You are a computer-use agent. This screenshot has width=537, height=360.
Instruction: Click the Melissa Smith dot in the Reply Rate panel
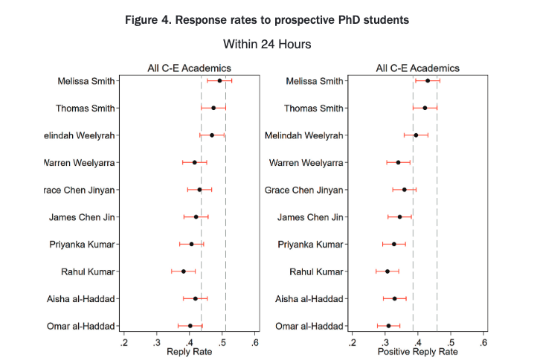point(219,80)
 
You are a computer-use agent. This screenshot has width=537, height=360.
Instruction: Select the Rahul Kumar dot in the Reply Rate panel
point(184,271)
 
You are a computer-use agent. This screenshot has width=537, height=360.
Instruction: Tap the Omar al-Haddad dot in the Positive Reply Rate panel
point(388,326)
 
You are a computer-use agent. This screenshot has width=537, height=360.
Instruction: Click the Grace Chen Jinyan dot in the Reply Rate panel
point(199,190)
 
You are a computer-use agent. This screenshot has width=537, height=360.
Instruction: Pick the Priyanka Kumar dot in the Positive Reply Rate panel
point(393,244)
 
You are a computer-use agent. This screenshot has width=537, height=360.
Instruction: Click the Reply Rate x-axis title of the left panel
point(189,351)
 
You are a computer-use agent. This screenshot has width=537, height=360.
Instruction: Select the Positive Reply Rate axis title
point(417,351)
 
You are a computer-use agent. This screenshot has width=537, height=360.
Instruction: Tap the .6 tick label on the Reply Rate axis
point(255,342)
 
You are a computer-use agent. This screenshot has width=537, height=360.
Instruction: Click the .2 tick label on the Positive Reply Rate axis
point(352,342)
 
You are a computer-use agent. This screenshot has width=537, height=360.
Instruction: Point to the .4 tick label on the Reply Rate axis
point(190,342)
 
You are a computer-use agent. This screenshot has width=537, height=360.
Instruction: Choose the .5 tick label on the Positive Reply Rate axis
point(451,342)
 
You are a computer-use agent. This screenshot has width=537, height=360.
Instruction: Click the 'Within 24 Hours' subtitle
point(267,45)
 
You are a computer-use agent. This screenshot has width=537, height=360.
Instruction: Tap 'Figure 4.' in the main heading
point(153,19)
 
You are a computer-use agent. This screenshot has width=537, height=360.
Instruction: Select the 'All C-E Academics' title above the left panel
point(189,68)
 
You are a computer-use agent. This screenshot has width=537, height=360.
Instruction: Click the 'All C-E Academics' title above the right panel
point(417,68)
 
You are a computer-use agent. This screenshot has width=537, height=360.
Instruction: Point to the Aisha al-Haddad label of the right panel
point(309,299)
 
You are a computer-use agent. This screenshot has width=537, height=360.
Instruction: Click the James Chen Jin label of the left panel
point(82,217)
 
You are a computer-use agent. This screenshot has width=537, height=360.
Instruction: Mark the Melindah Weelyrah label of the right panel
point(304,135)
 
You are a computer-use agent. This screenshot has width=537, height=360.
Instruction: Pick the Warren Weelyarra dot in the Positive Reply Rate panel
point(398,162)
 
